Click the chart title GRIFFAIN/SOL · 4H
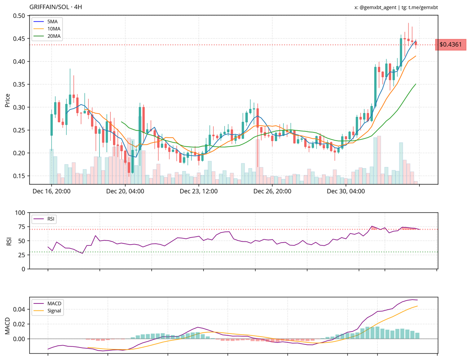tap(56, 7)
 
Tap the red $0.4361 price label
tap(450, 45)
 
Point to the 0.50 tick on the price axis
tap(19, 16)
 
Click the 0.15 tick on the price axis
tap(19, 176)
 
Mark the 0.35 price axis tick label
tap(19, 84)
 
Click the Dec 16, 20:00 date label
tap(51, 192)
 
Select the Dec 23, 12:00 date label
tap(199, 192)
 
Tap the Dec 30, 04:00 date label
tap(346, 192)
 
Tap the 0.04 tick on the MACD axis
tap(19, 309)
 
